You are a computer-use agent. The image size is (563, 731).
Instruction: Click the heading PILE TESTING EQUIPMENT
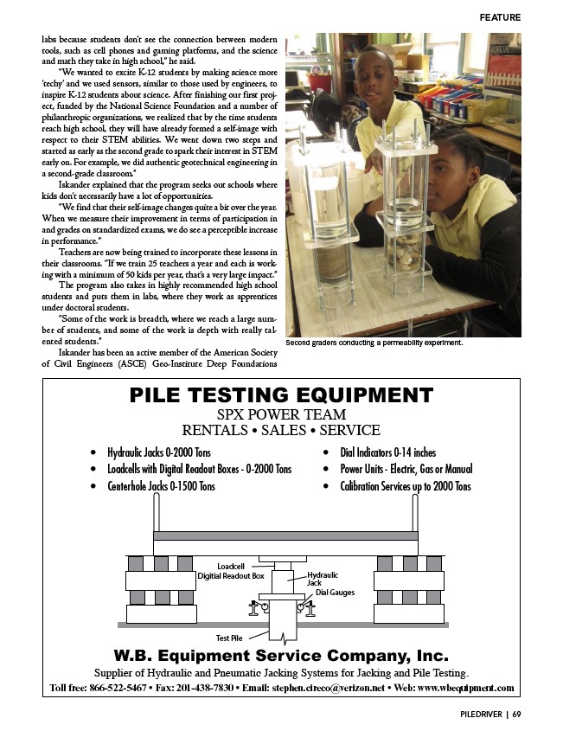point(281,395)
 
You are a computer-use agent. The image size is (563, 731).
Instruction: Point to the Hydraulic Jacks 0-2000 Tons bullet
point(159,452)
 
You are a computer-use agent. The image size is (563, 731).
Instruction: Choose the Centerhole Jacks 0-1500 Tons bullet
point(161,486)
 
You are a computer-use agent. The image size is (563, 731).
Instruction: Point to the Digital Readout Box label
point(231,575)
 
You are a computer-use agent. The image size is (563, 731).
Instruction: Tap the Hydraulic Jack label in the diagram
point(322,579)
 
